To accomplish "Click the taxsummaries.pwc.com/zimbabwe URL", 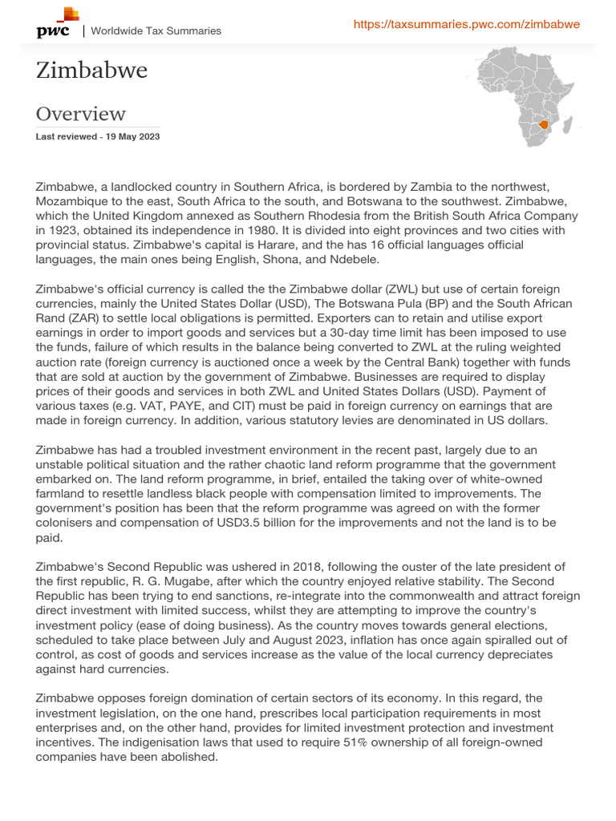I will pyautogui.click(x=466, y=25).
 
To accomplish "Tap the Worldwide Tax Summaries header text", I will pyautogui.click(x=156, y=31).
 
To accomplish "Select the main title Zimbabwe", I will pyautogui.click(x=91, y=71).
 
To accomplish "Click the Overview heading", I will pyautogui.click(x=80, y=114).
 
